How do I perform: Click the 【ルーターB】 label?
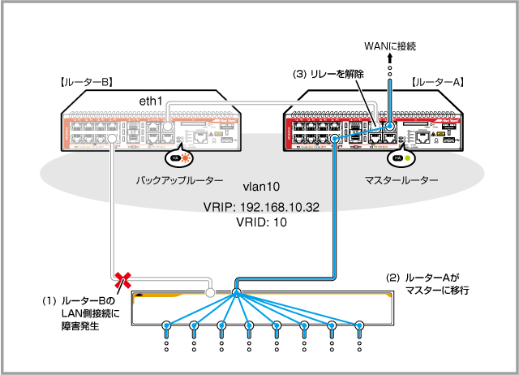coord(84,82)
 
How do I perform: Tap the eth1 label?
coord(151,100)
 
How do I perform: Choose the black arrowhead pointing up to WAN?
coord(390,59)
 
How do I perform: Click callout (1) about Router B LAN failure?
coord(84,313)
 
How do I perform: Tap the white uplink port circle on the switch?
coord(210,292)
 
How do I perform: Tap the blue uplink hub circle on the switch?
coord(237,292)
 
